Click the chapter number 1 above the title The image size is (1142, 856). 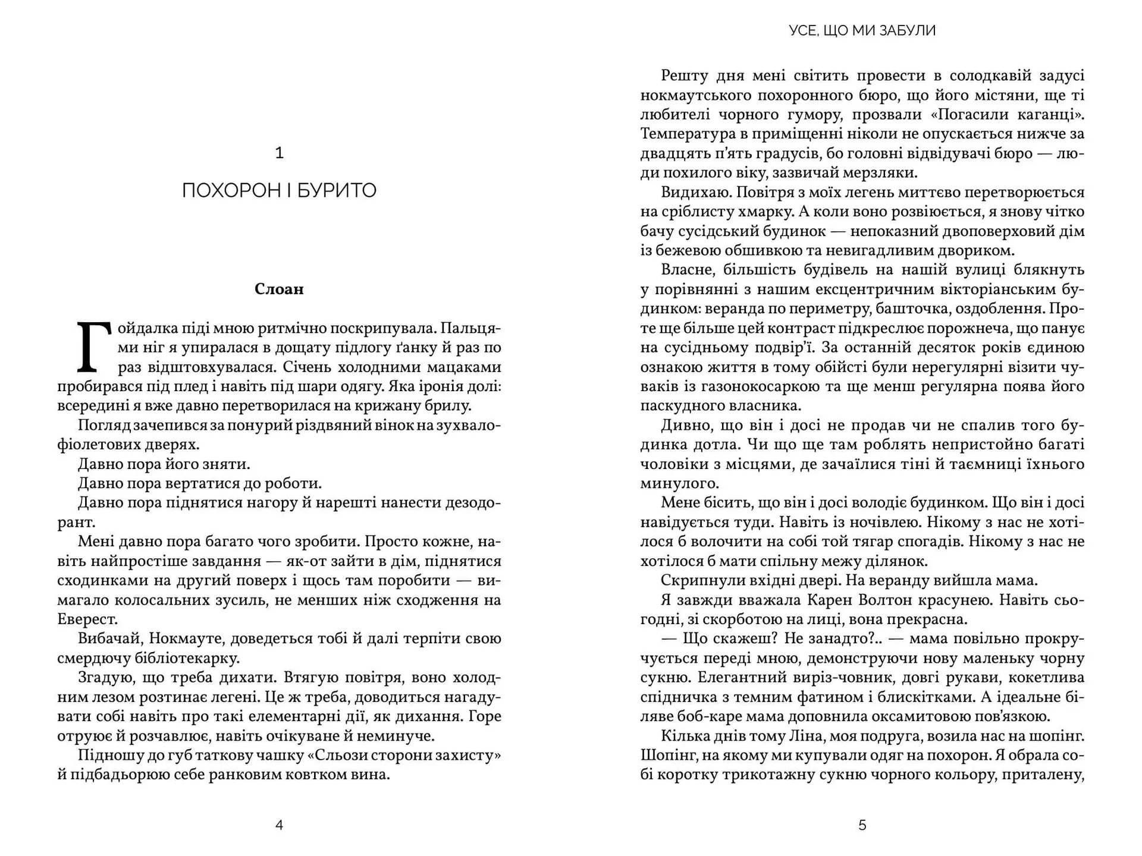279,153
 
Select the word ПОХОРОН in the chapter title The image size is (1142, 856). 223,191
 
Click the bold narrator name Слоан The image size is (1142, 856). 279,289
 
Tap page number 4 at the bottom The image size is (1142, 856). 279,825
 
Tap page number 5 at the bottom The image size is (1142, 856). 862,825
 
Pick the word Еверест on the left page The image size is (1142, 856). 87,619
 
